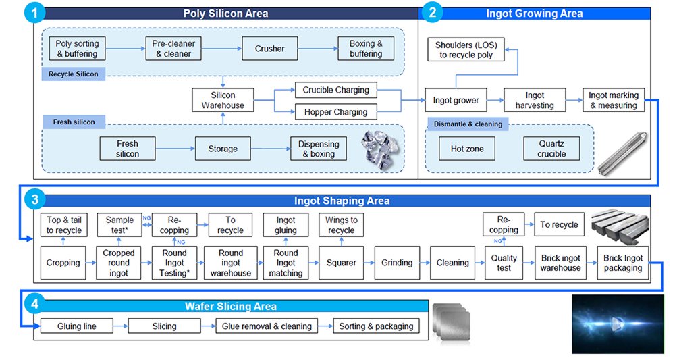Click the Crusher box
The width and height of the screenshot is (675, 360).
269,49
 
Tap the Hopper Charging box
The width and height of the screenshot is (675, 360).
335,112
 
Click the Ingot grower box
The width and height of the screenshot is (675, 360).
456,101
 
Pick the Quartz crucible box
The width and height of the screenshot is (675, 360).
551,149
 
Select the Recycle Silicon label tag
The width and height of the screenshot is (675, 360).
73,74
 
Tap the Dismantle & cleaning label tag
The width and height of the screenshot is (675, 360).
468,124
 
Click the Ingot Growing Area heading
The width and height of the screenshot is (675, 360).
534,13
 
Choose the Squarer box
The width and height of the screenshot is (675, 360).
341,263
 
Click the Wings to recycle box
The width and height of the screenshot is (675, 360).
341,225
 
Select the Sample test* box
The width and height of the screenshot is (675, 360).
119,225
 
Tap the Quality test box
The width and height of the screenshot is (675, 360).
504,263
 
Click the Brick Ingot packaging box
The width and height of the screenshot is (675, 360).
623,263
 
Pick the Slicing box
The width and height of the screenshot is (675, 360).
164,326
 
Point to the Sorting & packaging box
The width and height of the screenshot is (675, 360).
376,326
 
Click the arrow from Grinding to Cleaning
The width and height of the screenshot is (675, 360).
423,263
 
